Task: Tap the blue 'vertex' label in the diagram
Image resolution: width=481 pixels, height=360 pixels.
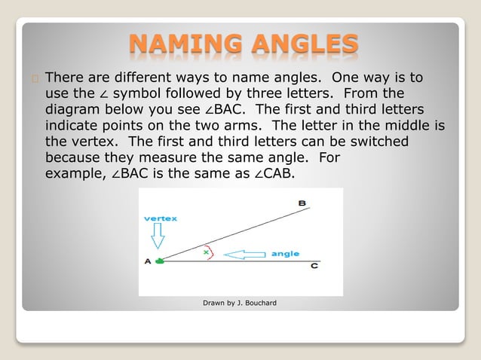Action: pyautogui.click(x=161, y=218)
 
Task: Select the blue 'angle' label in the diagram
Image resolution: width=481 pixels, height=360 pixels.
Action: pyautogui.click(x=285, y=254)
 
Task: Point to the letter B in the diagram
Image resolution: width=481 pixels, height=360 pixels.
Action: pyautogui.click(x=302, y=203)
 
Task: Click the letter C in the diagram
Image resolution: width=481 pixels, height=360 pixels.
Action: pyautogui.click(x=314, y=267)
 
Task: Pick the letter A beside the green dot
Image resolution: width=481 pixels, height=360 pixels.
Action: pyautogui.click(x=148, y=261)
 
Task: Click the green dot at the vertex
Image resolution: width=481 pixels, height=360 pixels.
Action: pyautogui.click(x=159, y=261)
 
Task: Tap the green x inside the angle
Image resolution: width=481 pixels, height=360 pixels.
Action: pyautogui.click(x=206, y=252)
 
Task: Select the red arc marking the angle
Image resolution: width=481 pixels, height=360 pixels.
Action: pyautogui.click(x=213, y=252)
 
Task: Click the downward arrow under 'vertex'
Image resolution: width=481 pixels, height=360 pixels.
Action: pyautogui.click(x=158, y=238)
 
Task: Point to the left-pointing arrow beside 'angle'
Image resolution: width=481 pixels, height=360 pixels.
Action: pyautogui.click(x=246, y=255)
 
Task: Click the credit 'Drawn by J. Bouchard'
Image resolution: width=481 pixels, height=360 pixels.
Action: pyautogui.click(x=240, y=303)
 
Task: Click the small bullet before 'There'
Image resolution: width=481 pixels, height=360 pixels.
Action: pyautogui.click(x=35, y=78)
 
